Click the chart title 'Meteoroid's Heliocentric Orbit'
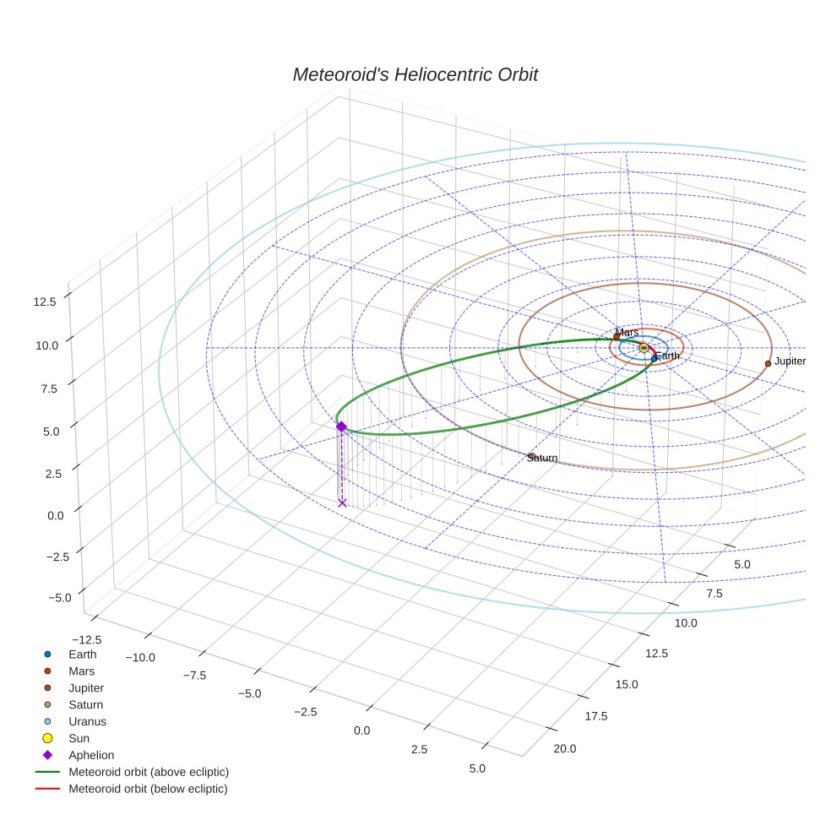415,75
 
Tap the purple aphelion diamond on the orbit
341,426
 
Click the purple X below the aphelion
342,503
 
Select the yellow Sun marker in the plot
644,348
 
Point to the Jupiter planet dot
768,363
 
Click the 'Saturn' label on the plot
542,458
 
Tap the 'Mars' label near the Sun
627,333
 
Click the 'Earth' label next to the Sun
667,356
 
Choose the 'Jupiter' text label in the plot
790,361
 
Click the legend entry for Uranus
87,721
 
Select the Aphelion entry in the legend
90,755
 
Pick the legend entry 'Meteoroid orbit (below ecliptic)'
148,789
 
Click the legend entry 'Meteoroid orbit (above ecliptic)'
149,772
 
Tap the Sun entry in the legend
79,738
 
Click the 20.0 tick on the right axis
564,748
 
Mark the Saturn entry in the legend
85,704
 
